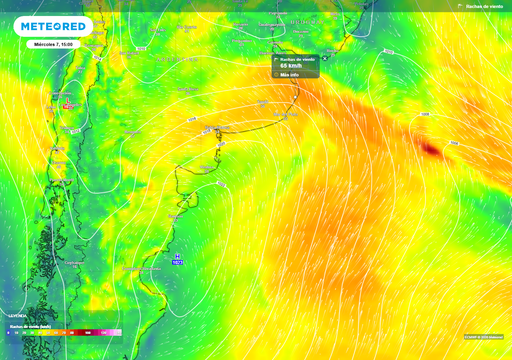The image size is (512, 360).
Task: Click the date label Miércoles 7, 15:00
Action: click(52, 45)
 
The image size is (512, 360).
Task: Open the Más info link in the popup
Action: click(290, 74)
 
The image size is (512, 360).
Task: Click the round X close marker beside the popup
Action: click(324, 60)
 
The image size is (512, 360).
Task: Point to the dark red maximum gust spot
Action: click(431, 149)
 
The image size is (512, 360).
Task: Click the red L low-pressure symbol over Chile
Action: click(68, 103)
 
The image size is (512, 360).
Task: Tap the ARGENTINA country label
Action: click(130, 131)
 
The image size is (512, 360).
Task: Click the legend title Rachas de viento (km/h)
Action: click(30, 325)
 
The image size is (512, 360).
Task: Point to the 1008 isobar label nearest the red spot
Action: click(426, 116)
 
